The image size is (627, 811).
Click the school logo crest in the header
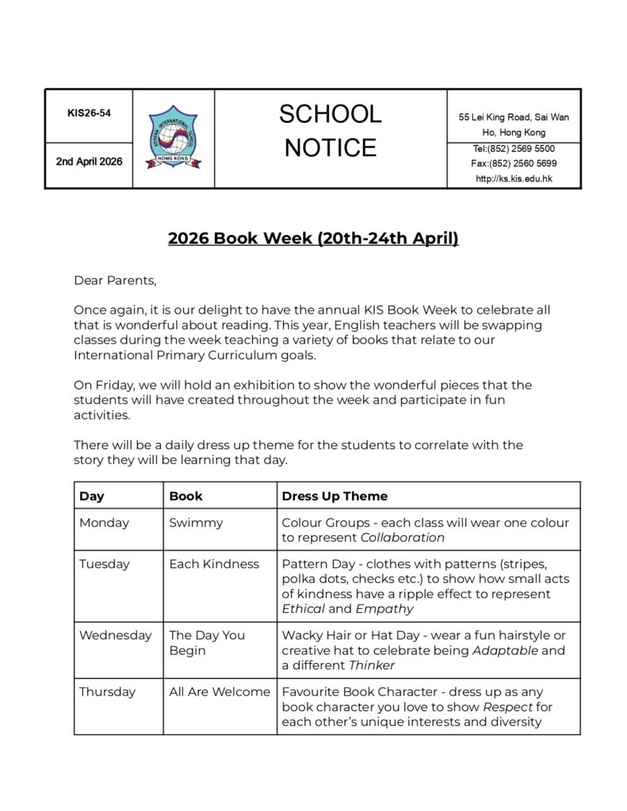tap(174, 138)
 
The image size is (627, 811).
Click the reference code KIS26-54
tap(89, 113)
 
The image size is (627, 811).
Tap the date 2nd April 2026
tap(89, 162)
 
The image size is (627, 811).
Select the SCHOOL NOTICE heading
tap(330, 131)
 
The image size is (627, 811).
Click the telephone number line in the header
tap(514, 149)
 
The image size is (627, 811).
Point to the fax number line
tap(514, 164)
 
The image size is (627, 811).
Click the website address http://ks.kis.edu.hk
tap(514, 179)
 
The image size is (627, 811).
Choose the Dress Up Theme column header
tap(335, 497)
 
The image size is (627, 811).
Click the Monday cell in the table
tap(104, 523)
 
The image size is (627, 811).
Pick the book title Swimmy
tap(196, 523)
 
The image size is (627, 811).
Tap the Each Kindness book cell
tap(214, 564)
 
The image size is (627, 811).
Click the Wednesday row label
tap(115, 635)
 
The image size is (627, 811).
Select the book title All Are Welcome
tap(220, 691)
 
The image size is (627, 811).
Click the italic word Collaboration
tap(403, 538)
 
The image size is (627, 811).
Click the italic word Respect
tap(508, 706)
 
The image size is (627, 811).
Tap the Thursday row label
tap(107, 691)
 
